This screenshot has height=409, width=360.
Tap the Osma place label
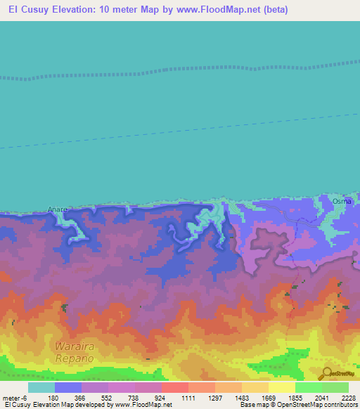342,201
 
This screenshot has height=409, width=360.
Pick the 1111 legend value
188,397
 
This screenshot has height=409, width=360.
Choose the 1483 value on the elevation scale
241,397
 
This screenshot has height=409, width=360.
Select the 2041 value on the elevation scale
321,397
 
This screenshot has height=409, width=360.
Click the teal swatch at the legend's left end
41,387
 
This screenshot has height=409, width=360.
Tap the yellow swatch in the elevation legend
281,387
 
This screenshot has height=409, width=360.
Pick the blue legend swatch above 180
68,387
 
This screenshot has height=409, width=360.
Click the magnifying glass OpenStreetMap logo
326,372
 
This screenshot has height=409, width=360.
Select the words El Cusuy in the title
29,10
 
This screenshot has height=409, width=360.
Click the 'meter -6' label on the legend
14,397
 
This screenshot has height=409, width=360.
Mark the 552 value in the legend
108,397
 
